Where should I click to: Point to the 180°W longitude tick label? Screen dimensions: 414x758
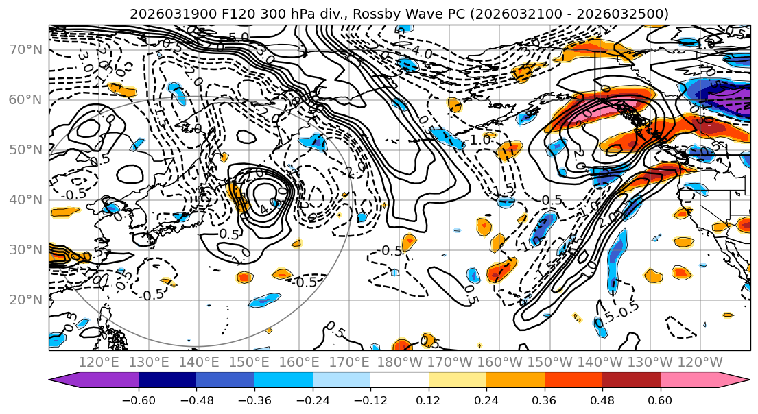[x=399, y=362]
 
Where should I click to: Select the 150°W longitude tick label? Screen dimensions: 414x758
[x=549, y=362]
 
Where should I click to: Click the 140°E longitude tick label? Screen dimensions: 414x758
[x=198, y=362]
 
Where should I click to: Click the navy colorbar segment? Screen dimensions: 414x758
[x=167, y=380]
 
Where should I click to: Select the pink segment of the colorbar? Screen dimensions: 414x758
[x=689, y=380]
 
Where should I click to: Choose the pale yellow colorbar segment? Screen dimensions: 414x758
[x=458, y=380]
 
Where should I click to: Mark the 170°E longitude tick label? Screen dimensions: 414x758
[x=348, y=362]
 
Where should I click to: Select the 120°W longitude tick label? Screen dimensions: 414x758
[x=699, y=362]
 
